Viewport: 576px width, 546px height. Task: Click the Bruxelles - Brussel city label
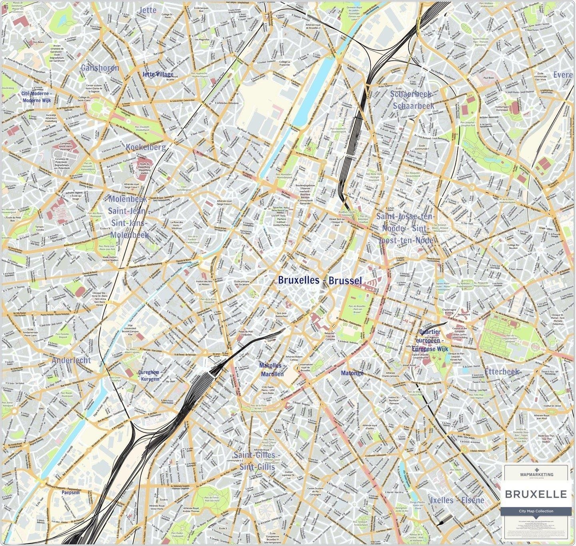click(320, 281)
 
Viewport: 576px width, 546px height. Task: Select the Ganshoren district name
click(100, 68)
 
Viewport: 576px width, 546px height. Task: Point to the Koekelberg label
click(146, 147)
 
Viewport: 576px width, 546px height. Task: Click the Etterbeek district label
click(502, 372)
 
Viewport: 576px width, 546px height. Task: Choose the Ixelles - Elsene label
click(457, 500)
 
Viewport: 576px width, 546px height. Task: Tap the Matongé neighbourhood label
click(352, 373)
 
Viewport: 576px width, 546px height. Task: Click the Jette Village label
click(158, 75)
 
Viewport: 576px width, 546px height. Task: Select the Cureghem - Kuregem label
click(149, 375)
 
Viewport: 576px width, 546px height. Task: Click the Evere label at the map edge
click(564, 75)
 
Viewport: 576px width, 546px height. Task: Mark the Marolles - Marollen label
click(272, 370)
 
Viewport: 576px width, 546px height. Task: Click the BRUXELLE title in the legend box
click(536, 494)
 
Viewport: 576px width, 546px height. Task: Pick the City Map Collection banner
click(536, 511)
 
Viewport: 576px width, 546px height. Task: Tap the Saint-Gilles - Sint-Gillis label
click(255, 461)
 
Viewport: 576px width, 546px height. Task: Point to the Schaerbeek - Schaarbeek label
click(412, 100)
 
